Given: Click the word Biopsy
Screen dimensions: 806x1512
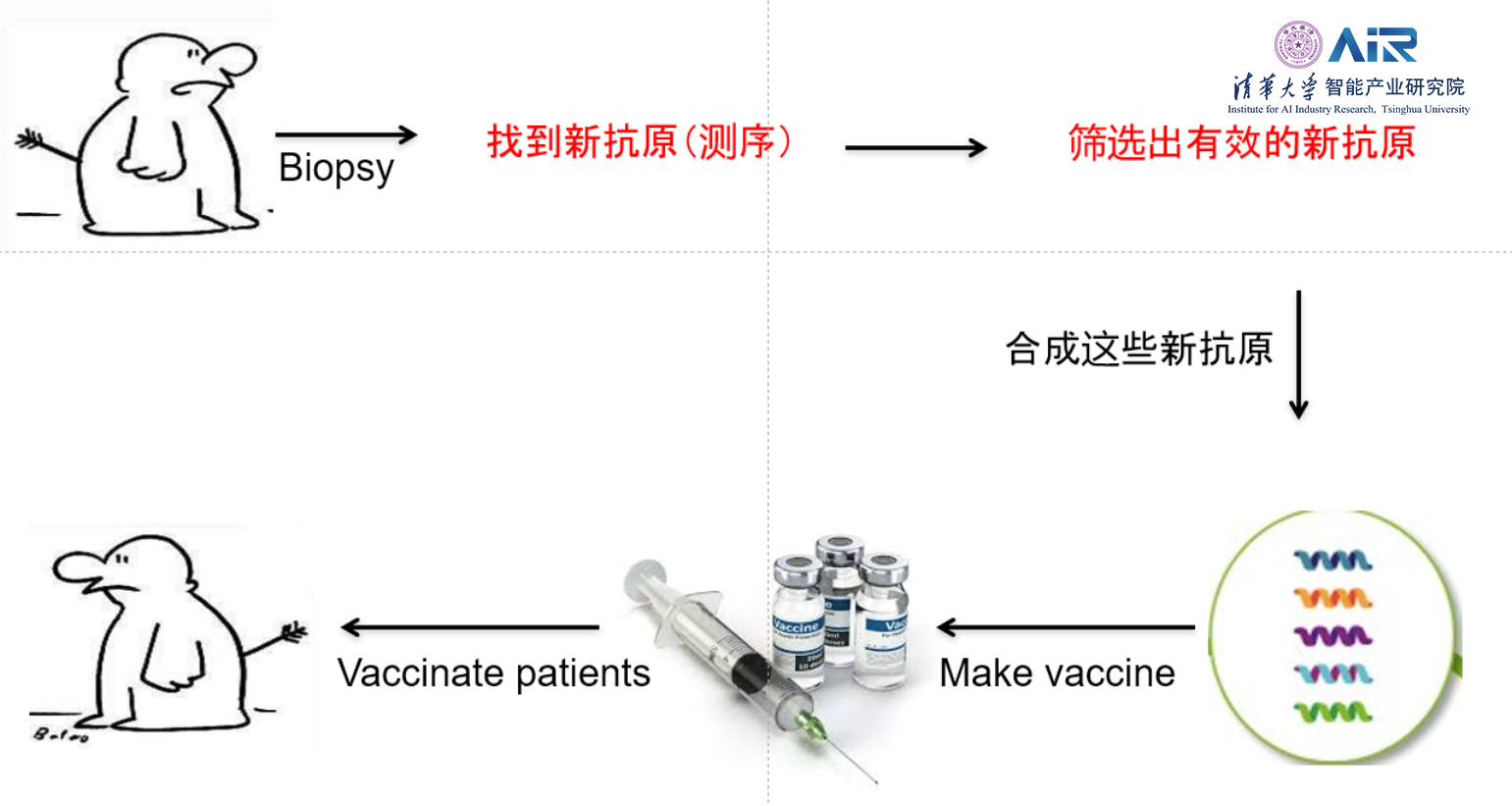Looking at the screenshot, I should [x=336, y=169].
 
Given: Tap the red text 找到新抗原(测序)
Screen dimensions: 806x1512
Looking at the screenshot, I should [x=639, y=142].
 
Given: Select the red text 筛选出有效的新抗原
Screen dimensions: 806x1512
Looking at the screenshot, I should [x=1241, y=143].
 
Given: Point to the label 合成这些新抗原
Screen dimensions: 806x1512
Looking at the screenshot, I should [x=1138, y=349].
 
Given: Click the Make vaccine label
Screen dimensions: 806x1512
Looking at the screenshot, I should [x=1057, y=673].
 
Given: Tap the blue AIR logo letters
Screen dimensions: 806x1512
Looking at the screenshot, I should [x=1373, y=45].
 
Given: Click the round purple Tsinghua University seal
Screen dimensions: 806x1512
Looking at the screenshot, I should [x=1297, y=45].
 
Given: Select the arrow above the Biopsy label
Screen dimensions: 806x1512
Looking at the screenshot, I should [x=345, y=134].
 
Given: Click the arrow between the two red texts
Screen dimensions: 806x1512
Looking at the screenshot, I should [x=915, y=148].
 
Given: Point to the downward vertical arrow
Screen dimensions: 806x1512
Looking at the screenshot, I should [x=1299, y=353].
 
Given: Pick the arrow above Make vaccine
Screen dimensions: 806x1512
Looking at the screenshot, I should [x=1066, y=627].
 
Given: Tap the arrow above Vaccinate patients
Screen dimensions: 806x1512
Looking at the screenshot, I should [x=469, y=627].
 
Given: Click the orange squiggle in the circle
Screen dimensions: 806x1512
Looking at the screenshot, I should [x=1332, y=598].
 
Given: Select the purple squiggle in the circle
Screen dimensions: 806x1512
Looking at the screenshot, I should [x=1332, y=636].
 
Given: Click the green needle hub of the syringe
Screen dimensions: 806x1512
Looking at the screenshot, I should [x=810, y=726].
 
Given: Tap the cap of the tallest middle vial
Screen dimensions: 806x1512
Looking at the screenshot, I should [x=839, y=546].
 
